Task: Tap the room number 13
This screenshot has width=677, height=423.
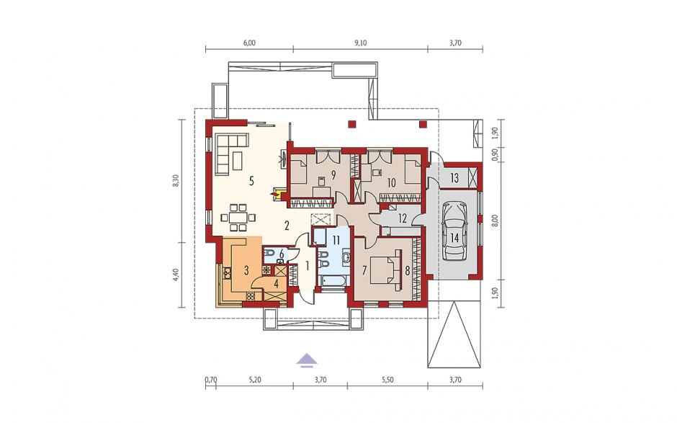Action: (x=454, y=178)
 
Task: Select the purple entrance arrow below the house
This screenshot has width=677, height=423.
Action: (x=307, y=360)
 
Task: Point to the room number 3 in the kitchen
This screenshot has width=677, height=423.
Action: (x=246, y=271)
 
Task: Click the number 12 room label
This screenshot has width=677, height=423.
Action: (x=403, y=218)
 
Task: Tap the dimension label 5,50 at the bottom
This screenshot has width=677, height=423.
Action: (x=387, y=380)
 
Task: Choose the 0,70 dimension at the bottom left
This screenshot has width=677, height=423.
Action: (x=210, y=380)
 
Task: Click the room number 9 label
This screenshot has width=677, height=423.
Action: (x=333, y=174)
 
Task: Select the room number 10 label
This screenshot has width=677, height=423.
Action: (x=391, y=183)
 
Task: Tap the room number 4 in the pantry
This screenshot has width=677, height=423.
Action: (x=277, y=284)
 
